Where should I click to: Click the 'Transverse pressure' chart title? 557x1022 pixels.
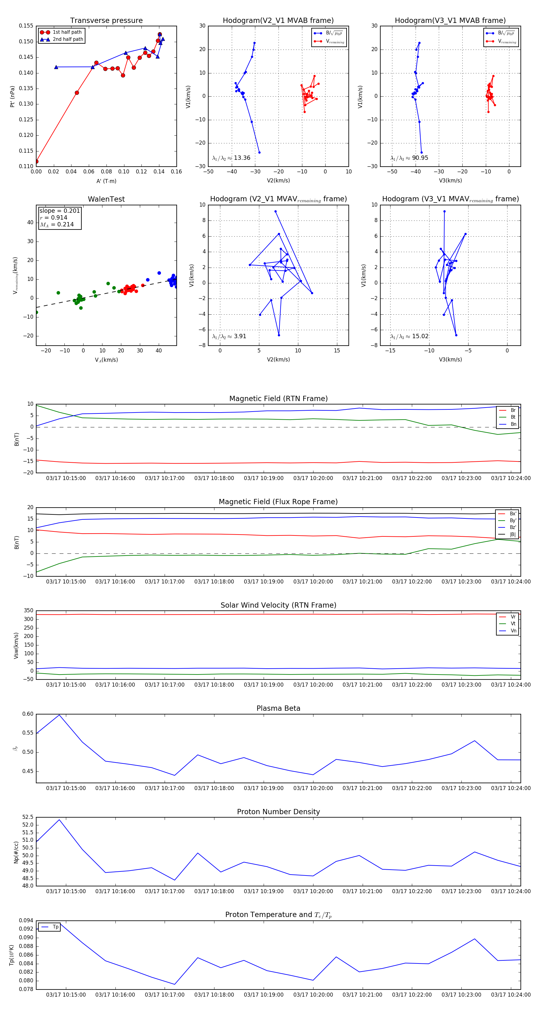(x=106, y=21)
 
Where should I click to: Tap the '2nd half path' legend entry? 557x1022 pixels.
(x=68, y=39)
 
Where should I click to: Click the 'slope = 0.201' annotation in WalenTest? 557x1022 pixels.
(x=59, y=211)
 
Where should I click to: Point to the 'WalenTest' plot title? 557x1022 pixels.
(x=106, y=199)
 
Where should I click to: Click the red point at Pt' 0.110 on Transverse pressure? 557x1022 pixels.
(x=37, y=161)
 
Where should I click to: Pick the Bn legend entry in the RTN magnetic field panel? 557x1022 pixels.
(x=513, y=424)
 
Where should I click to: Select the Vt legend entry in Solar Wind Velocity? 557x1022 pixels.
(x=513, y=624)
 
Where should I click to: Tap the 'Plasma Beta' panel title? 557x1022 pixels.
(x=278, y=708)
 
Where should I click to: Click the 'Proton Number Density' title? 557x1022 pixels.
(x=278, y=812)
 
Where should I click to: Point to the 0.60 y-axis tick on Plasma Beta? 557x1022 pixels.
(x=28, y=714)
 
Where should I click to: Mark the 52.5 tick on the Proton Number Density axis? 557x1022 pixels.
(x=28, y=817)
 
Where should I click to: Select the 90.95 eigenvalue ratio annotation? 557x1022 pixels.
(x=420, y=158)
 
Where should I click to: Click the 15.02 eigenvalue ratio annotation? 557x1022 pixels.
(x=420, y=336)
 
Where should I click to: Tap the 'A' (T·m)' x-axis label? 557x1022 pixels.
(x=106, y=181)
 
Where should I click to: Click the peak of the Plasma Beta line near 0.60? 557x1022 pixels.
(x=59, y=715)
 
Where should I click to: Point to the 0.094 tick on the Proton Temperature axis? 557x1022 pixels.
(x=26, y=920)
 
